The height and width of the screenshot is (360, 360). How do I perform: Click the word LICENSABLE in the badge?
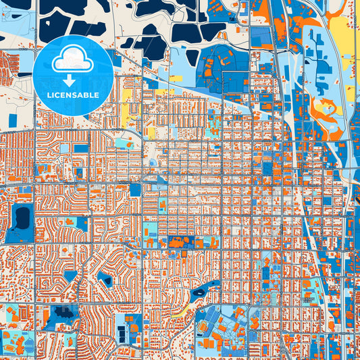click(x=73, y=95)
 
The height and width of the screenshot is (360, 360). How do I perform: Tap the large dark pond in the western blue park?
click(x=22, y=217)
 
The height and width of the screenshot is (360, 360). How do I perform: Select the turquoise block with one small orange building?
click(x=123, y=143)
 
